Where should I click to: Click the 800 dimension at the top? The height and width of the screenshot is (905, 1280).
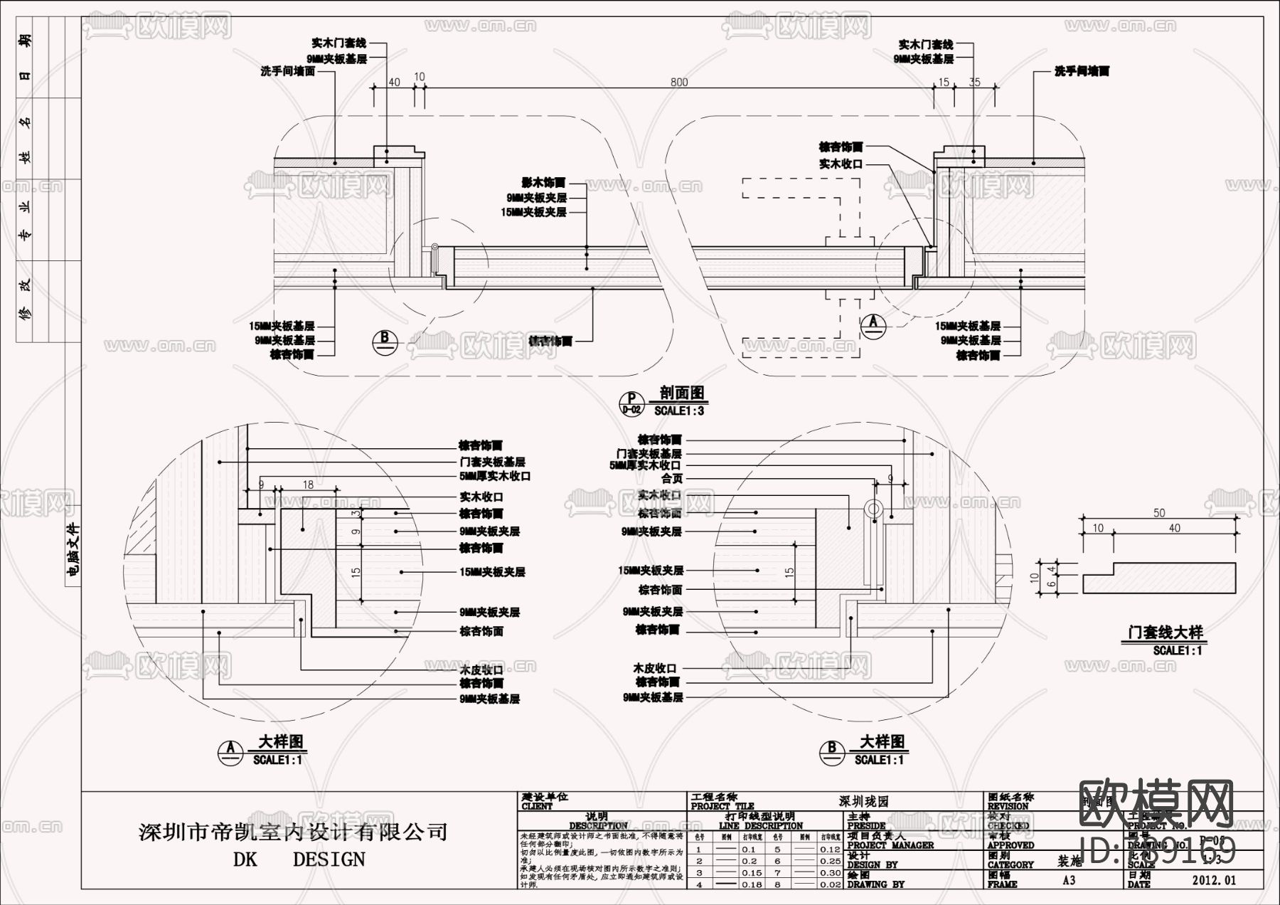[x=679, y=83]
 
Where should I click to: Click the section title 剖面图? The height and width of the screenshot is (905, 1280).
[x=681, y=393]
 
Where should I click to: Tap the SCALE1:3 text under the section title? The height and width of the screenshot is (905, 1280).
[x=679, y=411]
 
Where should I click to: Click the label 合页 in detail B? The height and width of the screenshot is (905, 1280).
[x=671, y=479]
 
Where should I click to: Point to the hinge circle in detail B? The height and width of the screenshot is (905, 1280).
[x=874, y=509]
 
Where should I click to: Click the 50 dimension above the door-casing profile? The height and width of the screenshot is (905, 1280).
[x=1159, y=513]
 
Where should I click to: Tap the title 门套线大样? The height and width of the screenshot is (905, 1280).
[x=1166, y=632]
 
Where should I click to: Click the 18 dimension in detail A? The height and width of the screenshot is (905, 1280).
[x=308, y=485]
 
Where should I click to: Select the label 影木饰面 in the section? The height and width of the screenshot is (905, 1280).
[x=543, y=183]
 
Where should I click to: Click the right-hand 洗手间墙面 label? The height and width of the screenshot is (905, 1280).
[x=1082, y=71]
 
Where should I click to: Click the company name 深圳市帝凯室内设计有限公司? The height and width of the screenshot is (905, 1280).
[x=293, y=831]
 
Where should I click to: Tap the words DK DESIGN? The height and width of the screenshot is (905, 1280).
[x=299, y=859]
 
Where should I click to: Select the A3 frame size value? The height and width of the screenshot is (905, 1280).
[x=1069, y=880]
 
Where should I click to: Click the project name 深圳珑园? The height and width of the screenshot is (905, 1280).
[x=863, y=801]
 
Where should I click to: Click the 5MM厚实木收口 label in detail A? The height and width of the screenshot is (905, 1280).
[x=495, y=476]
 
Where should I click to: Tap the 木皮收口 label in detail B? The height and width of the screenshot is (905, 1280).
[x=655, y=668]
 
